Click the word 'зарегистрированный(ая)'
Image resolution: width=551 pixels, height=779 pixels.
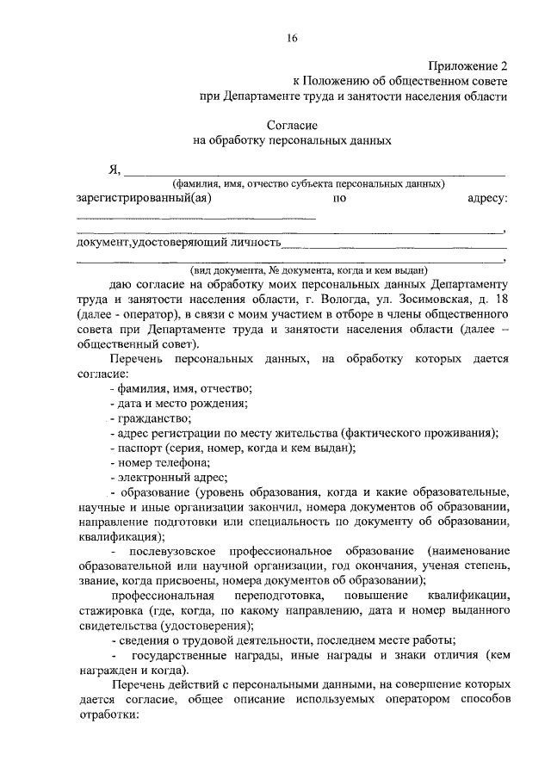point(144,198)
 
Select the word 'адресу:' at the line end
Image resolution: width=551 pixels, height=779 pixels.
point(487,198)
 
